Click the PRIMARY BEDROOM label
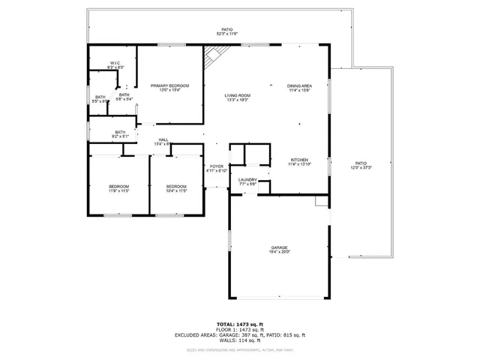click(169, 85)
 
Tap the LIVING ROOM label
click(238, 95)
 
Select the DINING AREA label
click(299, 85)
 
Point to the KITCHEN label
click(299, 160)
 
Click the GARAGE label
click(280, 247)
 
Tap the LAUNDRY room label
click(248, 179)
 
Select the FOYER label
click(217, 166)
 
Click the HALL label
click(163, 139)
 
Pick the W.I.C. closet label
click(115, 63)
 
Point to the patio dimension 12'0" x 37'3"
click(361, 168)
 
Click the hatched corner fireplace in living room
click(215, 55)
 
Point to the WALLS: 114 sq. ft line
click(239, 340)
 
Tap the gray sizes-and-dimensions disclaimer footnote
click(239, 349)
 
